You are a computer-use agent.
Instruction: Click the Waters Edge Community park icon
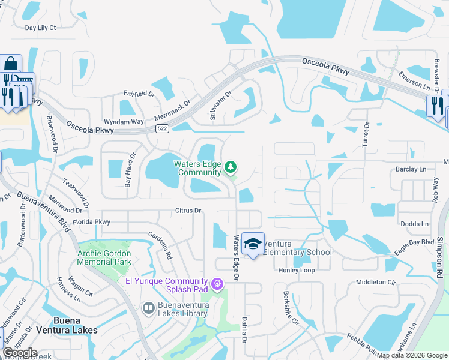click(x=230, y=166)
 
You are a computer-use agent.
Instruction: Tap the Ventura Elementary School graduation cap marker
click(x=253, y=244)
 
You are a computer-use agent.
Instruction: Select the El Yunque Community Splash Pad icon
click(x=216, y=283)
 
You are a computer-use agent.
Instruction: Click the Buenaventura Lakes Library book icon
click(x=149, y=308)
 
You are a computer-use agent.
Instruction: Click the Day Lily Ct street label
click(x=40, y=28)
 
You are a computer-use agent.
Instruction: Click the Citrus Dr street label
click(x=188, y=211)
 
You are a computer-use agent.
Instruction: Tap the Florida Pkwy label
click(x=92, y=221)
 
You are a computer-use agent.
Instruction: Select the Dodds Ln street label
click(x=415, y=224)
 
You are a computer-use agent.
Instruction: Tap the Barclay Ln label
click(x=411, y=169)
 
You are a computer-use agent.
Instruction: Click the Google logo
click(x=20, y=353)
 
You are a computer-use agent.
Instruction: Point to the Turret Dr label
click(x=366, y=134)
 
